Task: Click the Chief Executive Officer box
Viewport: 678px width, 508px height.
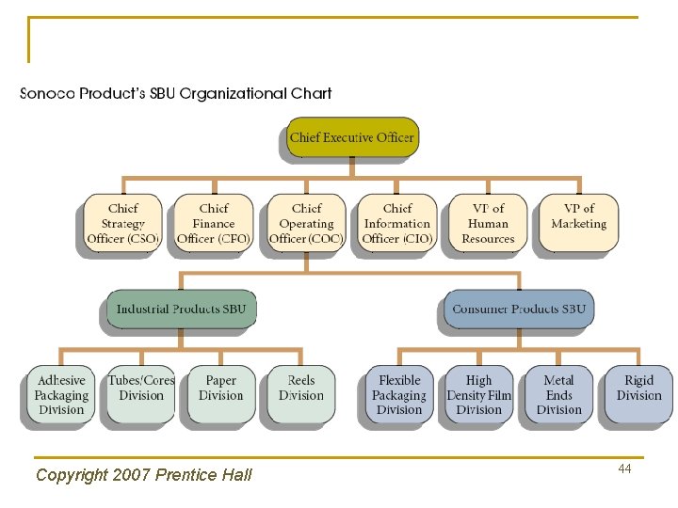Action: coord(351,137)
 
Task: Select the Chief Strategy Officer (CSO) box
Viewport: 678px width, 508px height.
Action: coord(122,223)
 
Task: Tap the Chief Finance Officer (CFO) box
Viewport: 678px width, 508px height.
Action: coord(214,223)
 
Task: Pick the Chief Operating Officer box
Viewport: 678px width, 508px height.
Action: coord(306,223)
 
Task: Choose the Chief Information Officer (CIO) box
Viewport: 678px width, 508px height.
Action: coord(397,223)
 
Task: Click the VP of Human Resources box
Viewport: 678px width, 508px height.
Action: coord(488,223)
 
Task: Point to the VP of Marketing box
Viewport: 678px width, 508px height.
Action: coord(578,223)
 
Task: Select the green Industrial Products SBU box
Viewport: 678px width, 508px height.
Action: coord(181,309)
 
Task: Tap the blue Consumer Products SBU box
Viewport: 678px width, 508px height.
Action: coord(519,309)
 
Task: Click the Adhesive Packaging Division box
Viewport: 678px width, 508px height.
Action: coord(61,395)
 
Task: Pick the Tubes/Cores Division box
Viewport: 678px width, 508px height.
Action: coord(141,393)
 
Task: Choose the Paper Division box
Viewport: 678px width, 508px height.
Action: coord(221,393)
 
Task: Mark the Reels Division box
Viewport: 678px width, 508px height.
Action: coord(301,393)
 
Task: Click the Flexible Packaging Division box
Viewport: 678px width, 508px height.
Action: coord(399,395)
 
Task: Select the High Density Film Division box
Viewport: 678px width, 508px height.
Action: coord(479,395)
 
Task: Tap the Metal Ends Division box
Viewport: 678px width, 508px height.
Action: coord(559,395)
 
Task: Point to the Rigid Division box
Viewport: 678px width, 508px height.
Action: coord(638,393)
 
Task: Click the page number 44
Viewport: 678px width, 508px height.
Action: coord(624,468)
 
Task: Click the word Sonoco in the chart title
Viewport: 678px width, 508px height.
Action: coord(49,94)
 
